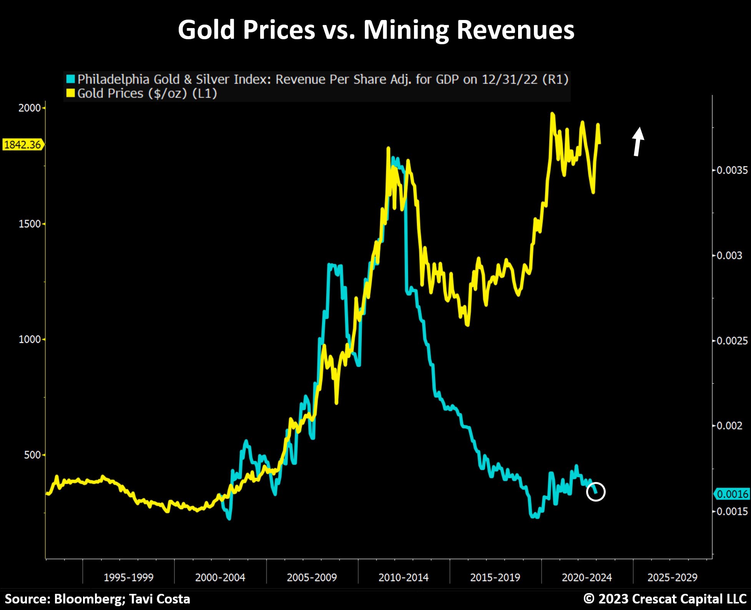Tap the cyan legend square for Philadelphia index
click(x=70, y=79)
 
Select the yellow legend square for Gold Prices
click(x=70, y=93)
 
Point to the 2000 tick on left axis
click(x=30, y=108)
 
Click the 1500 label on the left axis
click(x=30, y=224)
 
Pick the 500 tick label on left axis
click(x=32, y=455)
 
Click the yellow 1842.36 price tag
click(x=23, y=145)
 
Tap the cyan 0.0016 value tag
click(x=733, y=494)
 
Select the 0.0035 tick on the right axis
click(x=732, y=170)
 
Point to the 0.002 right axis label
click(x=729, y=426)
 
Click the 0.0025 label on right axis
click(x=732, y=341)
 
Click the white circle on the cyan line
click(x=596, y=492)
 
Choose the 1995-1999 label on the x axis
click(x=128, y=577)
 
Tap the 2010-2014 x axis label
click(x=403, y=577)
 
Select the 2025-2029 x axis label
click(x=672, y=577)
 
